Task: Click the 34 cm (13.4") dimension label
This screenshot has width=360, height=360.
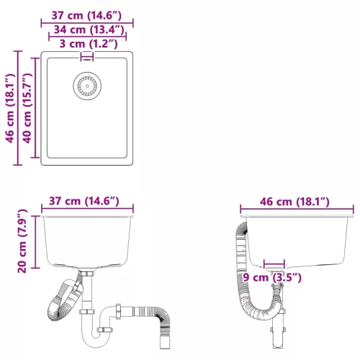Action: (89, 30)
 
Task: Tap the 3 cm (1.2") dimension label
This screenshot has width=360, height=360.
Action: (89, 44)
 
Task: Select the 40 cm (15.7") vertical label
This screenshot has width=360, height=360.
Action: (27, 108)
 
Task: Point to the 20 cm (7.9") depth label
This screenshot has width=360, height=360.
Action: (22, 241)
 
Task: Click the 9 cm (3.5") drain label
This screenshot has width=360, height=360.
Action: (272, 277)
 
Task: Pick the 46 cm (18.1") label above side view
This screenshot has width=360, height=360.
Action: (294, 202)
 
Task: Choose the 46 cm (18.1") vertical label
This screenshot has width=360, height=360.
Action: (10, 108)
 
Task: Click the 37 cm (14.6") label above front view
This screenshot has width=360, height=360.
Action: (84, 201)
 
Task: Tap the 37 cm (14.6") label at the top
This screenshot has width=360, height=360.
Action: (86, 15)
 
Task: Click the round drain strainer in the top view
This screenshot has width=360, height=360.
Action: (87, 86)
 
